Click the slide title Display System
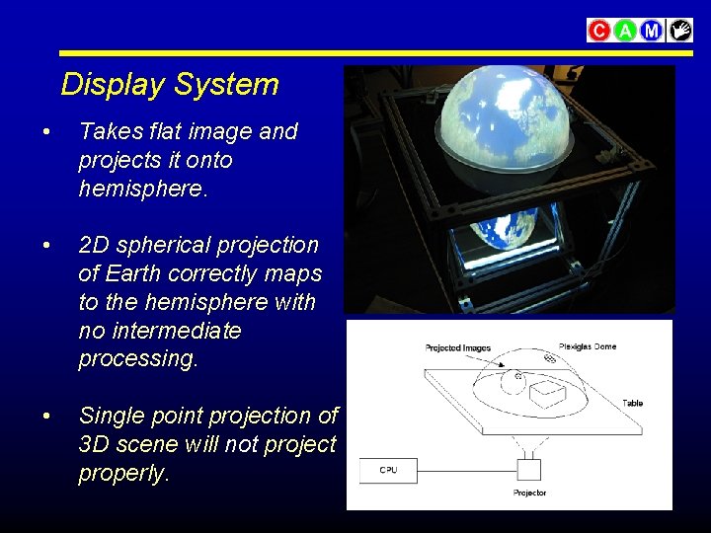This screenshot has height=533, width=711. tap(170, 85)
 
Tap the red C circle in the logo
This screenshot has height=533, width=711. tap(598, 31)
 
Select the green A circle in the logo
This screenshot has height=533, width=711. tap(625, 31)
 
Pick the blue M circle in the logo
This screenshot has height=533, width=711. tap(652, 31)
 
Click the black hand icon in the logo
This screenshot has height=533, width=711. tap(679, 31)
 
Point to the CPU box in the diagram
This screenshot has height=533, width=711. tap(388, 470)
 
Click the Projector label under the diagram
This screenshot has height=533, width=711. tap(529, 493)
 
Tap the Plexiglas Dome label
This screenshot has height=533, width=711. tap(588, 346)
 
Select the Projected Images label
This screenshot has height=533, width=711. tap(457, 348)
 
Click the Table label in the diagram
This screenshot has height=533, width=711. tap(632, 403)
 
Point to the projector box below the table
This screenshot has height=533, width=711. tap(530, 468)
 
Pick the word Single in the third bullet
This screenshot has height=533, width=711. tap(109, 417)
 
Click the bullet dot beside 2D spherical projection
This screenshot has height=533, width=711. tap(46, 246)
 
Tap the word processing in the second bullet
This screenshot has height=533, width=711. tap(138, 358)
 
